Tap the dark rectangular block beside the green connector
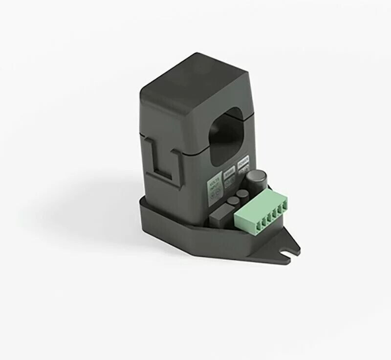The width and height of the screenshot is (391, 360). click(220, 213)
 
